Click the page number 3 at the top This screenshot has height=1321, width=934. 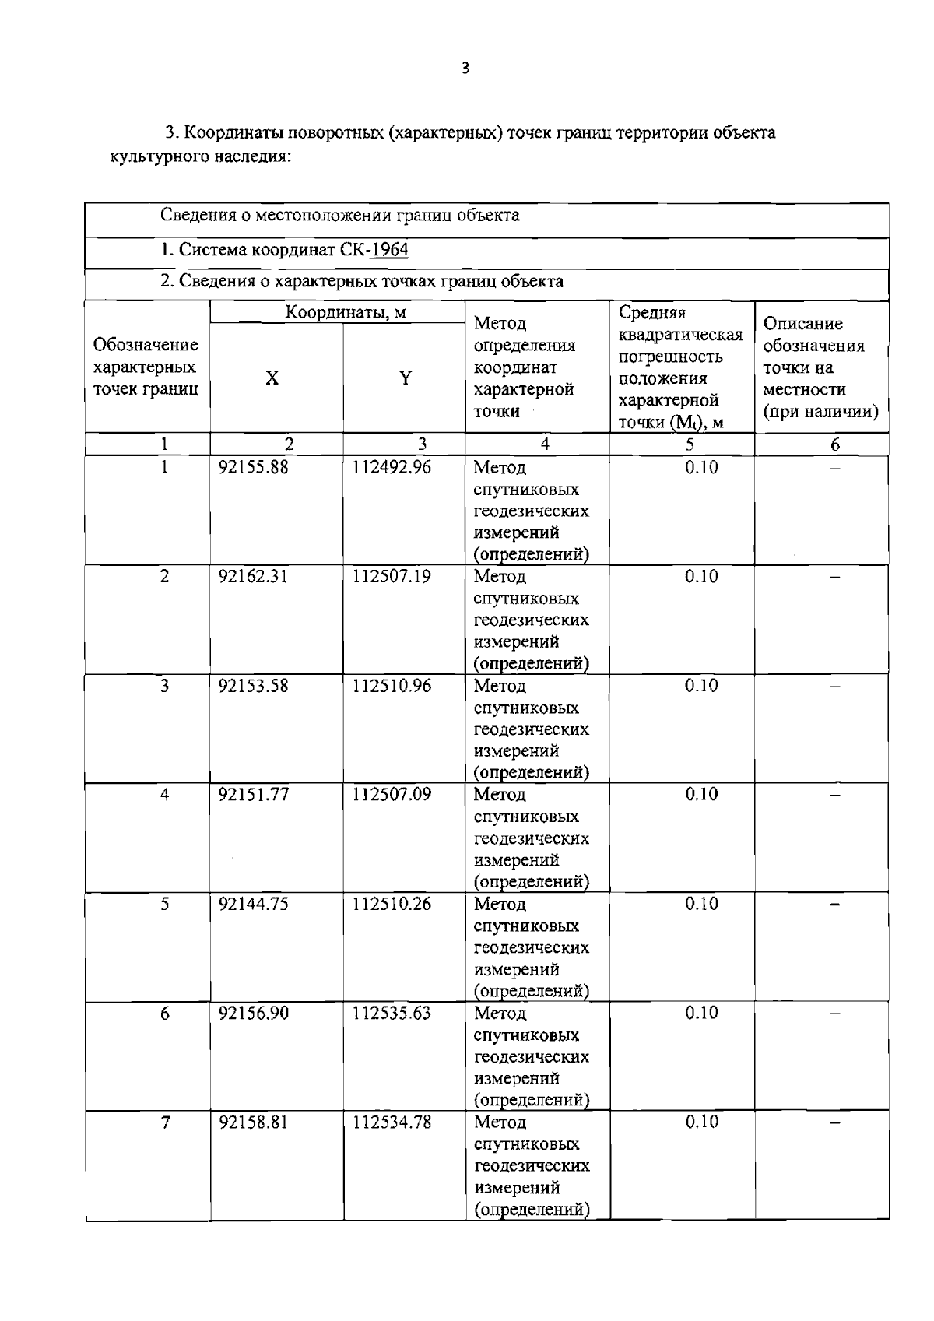click(x=465, y=69)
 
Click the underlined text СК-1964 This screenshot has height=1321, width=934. click(x=374, y=250)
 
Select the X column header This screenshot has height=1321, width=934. click(x=272, y=379)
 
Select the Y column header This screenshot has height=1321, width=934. click(x=405, y=379)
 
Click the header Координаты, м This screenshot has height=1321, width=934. click(x=346, y=313)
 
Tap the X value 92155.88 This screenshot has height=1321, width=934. click(x=253, y=467)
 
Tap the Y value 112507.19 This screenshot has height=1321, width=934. click(x=392, y=577)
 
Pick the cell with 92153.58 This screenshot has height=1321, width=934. click(x=253, y=686)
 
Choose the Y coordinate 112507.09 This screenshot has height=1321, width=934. click(x=392, y=795)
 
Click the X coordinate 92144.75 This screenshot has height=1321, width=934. click(x=253, y=904)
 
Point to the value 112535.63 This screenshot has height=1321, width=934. click(x=392, y=1013)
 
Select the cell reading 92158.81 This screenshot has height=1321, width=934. click(x=253, y=1122)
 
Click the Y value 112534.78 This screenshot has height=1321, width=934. click(x=392, y=1122)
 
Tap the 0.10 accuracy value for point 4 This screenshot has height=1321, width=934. click(x=701, y=795)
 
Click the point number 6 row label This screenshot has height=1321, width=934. click(x=164, y=1013)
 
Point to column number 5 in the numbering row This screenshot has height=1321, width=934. click(x=690, y=444)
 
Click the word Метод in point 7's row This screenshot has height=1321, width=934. click(x=500, y=1122)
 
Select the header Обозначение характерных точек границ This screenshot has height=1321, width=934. click(x=146, y=367)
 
